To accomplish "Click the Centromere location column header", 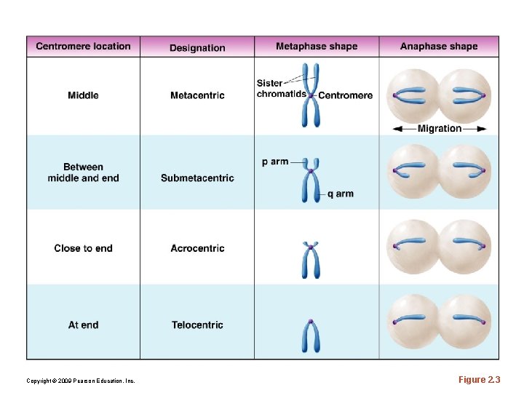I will [x=83, y=47].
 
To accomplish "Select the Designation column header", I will [x=197, y=48].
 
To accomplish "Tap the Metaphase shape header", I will [x=317, y=47].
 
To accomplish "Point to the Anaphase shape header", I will [x=439, y=47].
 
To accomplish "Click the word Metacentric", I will [x=197, y=95].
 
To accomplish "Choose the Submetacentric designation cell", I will [x=197, y=178].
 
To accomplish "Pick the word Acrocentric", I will [x=197, y=248].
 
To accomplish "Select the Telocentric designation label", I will [x=197, y=325].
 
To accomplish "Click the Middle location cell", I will [x=83, y=95].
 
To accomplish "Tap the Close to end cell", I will [x=83, y=248].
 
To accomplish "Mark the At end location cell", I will [x=83, y=325].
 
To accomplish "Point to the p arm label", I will [x=275, y=162].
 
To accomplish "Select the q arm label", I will [x=340, y=194].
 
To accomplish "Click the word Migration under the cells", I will [x=440, y=129].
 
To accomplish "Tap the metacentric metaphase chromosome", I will [x=311, y=95].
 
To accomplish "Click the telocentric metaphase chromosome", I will [x=311, y=336].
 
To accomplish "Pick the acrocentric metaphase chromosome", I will [x=311, y=261].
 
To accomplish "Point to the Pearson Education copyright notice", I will [x=80, y=381].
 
